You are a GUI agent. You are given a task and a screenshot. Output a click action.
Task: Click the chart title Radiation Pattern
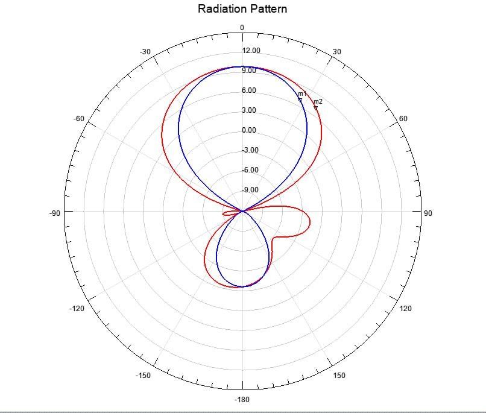(x=242, y=9)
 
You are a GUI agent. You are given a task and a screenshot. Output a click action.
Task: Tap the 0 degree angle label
(x=242, y=28)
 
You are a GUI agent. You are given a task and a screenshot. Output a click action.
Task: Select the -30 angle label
(x=145, y=52)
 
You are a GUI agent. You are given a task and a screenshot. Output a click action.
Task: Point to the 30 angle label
(x=336, y=52)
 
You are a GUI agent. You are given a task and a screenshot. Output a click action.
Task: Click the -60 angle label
(x=79, y=119)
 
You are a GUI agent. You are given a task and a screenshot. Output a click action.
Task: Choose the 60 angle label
(x=403, y=119)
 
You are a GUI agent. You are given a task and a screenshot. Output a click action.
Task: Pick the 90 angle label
(x=428, y=213)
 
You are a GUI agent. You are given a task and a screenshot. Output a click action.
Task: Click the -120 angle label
(x=77, y=309)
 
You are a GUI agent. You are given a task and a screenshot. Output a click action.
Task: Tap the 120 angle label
(x=406, y=309)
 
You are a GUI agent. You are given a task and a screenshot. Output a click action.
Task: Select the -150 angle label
(x=143, y=376)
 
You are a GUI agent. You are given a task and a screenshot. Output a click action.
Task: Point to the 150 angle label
(x=339, y=376)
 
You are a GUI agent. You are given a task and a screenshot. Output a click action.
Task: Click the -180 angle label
(x=242, y=400)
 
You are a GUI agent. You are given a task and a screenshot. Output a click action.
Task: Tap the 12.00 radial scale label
(x=251, y=51)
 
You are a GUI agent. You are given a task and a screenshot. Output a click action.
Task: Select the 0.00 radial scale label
(x=249, y=130)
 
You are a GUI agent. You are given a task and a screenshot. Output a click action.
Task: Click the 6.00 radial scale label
(x=249, y=90)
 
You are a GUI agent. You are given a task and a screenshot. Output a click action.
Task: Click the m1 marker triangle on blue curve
(x=300, y=100)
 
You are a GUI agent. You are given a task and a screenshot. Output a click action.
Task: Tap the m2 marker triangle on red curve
(x=315, y=108)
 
